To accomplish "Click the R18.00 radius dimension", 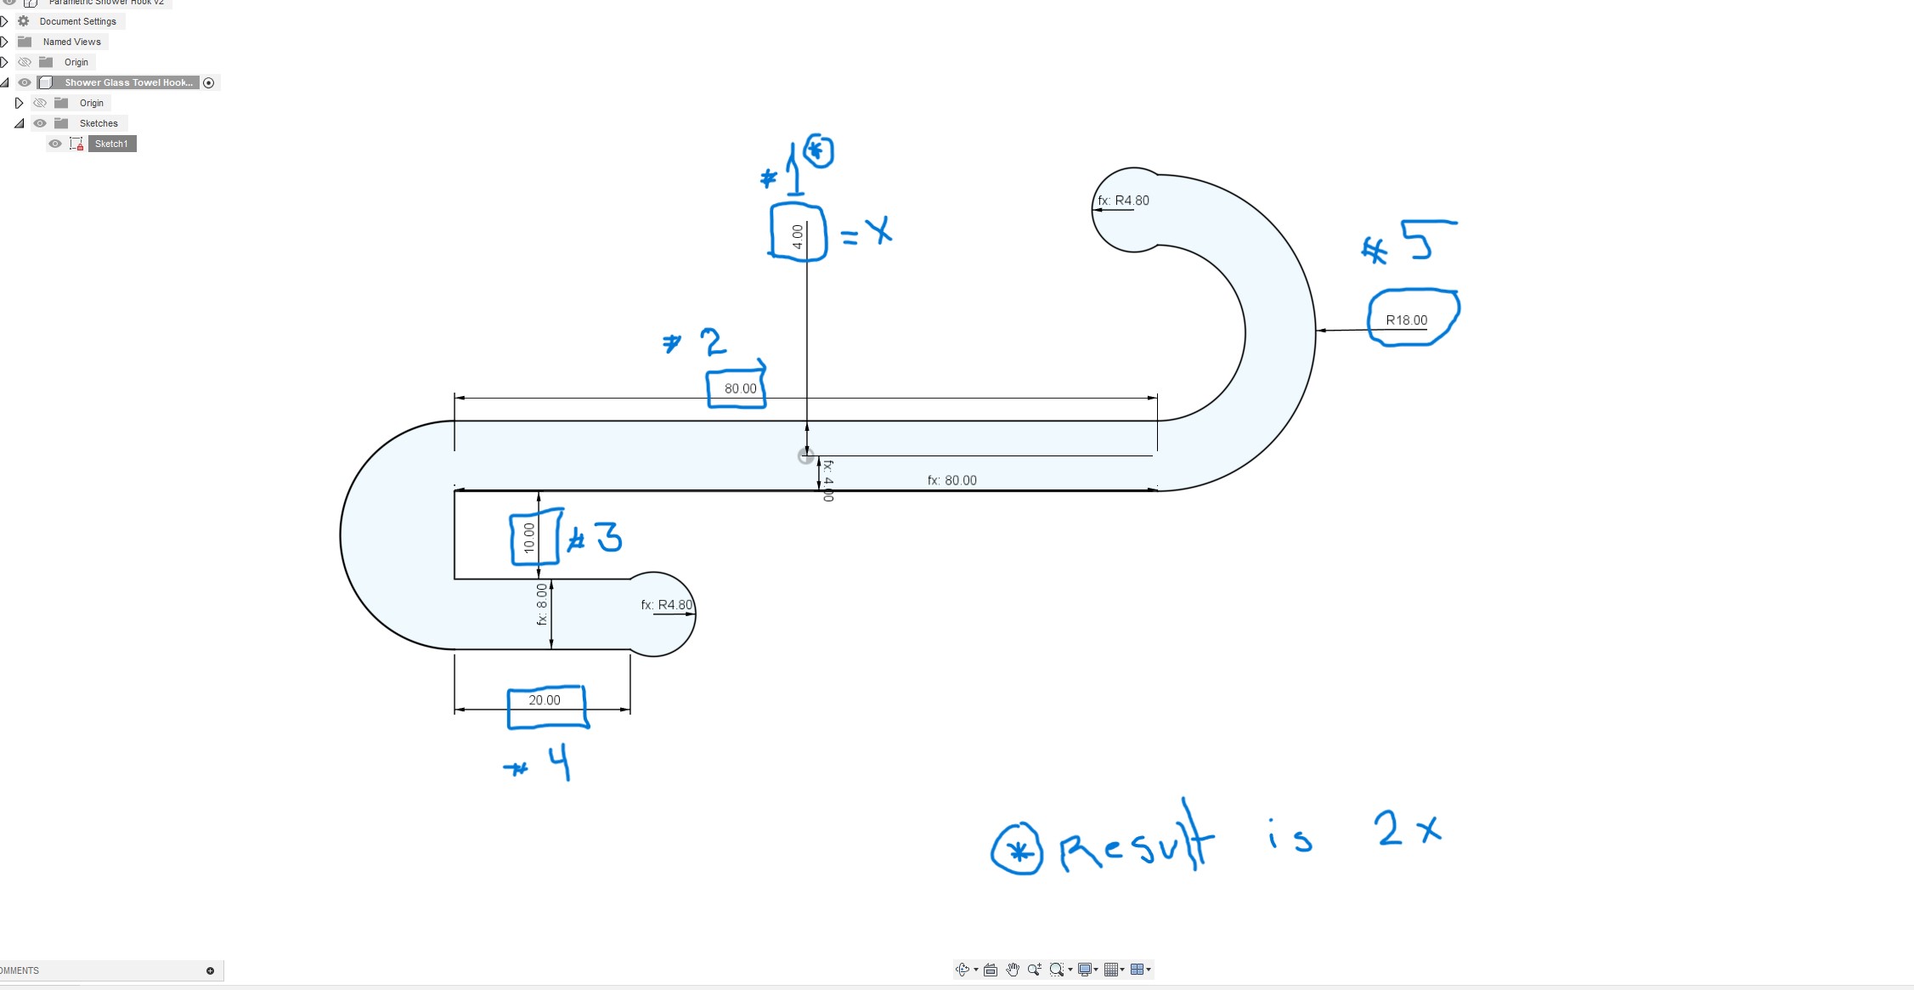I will click(x=1406, y=320).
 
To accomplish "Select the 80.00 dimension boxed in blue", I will click(x=740, y=388).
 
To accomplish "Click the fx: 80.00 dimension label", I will click(x=951, y=480).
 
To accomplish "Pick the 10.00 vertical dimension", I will click(x=529, y=538).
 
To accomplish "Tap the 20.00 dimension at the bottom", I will click(x=545, y=700).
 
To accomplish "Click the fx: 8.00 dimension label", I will click(x=542, y=604).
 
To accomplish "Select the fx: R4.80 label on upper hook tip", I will click(x=1123, y=201).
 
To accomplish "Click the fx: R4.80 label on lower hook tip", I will click(x=667, y=605).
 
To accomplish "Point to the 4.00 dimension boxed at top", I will click(x=797, y=235).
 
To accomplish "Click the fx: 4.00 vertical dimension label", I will click(x=828, y=480).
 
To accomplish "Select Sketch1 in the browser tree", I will click(x=111, y=144).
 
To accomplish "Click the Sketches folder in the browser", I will click(x=99, y=123).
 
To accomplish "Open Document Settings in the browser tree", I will click(x=77, y=21).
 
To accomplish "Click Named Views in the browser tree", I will click(x=71, y=42).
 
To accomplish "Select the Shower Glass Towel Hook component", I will click(x=128, y=82).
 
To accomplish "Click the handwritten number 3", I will click(x=607, y=537).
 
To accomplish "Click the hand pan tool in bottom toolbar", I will click(x=1013, y=970).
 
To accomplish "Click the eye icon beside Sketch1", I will click(x=55, y=144).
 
